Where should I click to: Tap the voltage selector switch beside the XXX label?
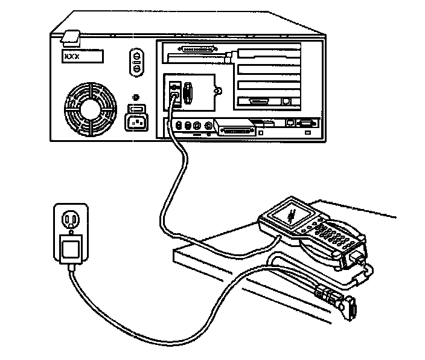136,62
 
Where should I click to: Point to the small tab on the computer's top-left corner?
71,37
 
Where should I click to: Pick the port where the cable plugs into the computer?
175,93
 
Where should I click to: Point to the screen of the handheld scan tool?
289,214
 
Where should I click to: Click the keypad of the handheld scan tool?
330,233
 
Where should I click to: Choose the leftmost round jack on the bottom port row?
179,126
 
